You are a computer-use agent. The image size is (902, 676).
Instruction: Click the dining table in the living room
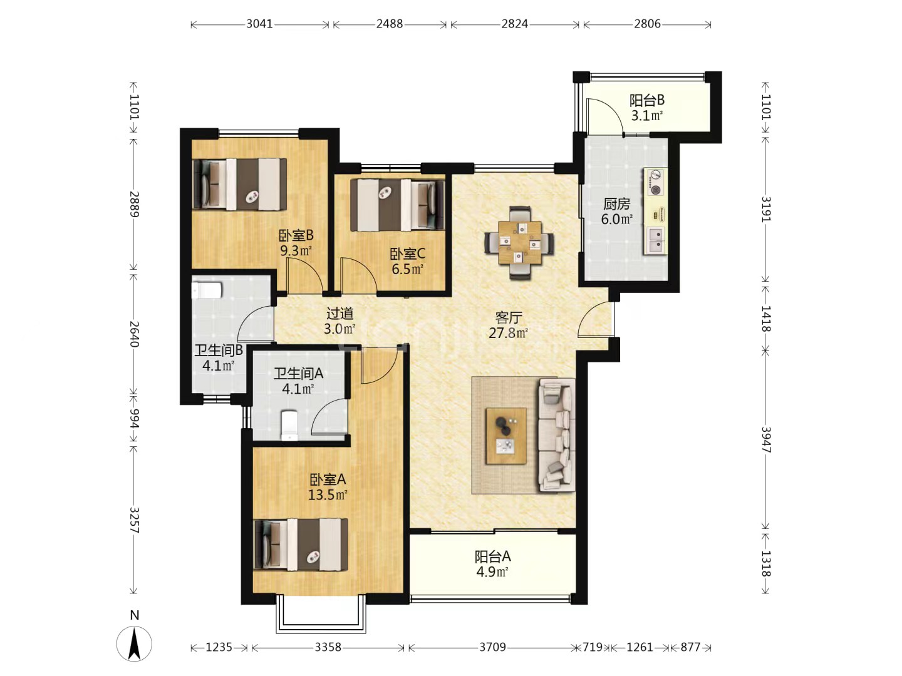click(x=519, y=243)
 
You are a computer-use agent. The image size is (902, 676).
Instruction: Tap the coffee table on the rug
click(x=506, y=436)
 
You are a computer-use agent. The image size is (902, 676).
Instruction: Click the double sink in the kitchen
click(x=656, y=240)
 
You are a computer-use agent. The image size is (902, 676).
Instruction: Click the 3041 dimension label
click(x=259, y=24)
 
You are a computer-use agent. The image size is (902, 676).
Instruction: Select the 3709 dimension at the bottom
click(x=492, y=647)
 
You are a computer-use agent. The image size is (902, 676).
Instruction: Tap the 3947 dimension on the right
click(x=766, y=439)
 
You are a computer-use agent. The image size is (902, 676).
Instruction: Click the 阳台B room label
click(x=647, y=100)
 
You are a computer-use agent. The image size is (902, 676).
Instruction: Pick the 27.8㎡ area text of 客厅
click(x=508, y=333)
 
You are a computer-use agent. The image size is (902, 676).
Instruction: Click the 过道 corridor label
click(x=340, y=314)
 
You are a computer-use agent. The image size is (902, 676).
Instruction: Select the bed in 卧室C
click(x=397, y=205)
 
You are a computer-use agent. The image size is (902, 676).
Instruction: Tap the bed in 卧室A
click(x=301, y=545)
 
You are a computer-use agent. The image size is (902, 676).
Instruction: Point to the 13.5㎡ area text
click(x=328, y=495)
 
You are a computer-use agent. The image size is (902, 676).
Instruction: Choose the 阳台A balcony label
click(x=492, y=556)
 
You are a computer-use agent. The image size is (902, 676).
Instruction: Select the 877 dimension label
click(x=690, y=647)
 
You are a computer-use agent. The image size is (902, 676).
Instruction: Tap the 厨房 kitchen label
click(x=616, y=204)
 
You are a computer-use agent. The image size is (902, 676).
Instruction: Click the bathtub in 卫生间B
click(x=207, y=289)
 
